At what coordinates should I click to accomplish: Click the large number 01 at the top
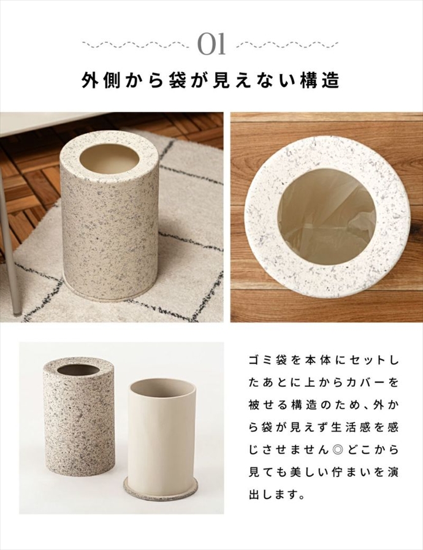point(211,44)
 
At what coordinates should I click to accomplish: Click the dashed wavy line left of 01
point(136,45)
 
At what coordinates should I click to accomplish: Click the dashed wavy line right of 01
point(288,45)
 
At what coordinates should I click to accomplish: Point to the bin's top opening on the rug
point(108,159)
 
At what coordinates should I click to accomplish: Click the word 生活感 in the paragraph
point(346,428)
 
